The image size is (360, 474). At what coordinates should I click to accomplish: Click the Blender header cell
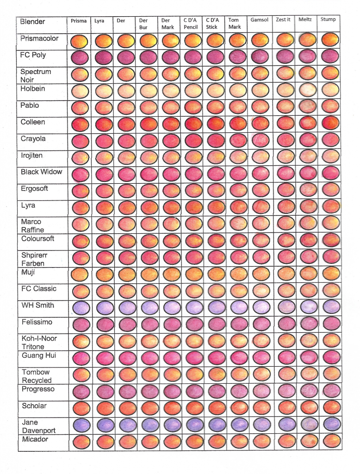click(33, 22)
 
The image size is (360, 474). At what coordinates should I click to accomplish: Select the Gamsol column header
click(259, 20)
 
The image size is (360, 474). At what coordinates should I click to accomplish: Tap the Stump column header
click(328, 19)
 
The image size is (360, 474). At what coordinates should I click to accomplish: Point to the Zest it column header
click(283, 20)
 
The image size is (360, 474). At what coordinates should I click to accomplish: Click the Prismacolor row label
click(39, 38)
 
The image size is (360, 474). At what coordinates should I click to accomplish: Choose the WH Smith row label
click(37, 305)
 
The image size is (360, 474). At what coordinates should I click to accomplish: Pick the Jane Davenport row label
click(38, 426)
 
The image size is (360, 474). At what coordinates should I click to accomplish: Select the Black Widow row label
click(41, 172)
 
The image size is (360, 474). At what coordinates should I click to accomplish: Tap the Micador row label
click(35, 439)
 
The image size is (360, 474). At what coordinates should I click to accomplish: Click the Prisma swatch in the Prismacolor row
click(80, 41)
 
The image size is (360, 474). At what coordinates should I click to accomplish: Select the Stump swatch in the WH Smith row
click(330, 306)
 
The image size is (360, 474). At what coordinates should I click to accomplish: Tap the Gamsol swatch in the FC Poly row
click(260, 56)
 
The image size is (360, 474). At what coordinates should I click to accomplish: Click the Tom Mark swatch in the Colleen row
click(237, 124)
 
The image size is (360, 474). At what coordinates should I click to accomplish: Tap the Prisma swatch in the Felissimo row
click(80, 324)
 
